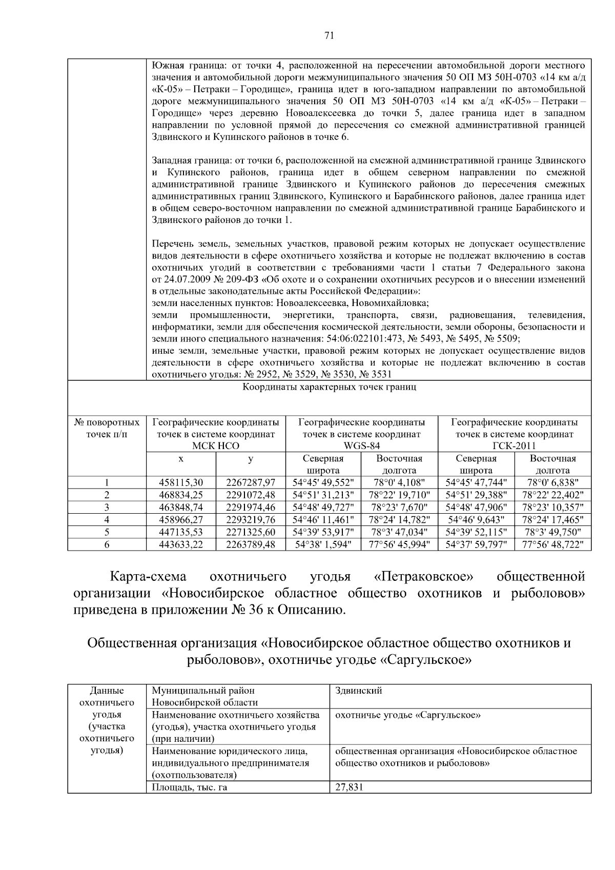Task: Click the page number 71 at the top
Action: tap(329, 35)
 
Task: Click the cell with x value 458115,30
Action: tap(181, 482)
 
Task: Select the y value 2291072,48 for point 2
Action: tap(251, 495)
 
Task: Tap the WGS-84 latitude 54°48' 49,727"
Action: tap(323, 507)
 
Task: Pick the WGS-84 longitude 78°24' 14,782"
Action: tap(399, 520)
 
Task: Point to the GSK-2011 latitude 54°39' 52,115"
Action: tap(476, 532)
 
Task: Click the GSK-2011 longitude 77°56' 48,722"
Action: tap(552, 544)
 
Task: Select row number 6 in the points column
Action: tap(107, 544)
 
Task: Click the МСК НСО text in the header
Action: tap(216, 446)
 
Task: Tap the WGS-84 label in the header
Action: tap(361, 446)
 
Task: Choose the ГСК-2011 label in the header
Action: tap(514, 446)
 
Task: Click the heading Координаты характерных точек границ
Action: tap(329, 387)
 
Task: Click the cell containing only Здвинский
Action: tap(358, 691)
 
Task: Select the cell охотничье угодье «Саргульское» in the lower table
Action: tap(407, 715)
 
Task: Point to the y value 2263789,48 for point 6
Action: tap(251, 544)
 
